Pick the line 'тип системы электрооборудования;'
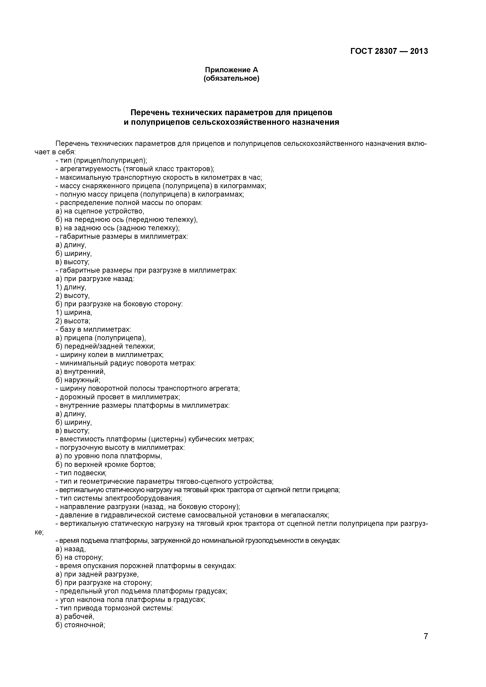tap(119, 498)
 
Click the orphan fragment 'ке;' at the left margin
tap(39, 532)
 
